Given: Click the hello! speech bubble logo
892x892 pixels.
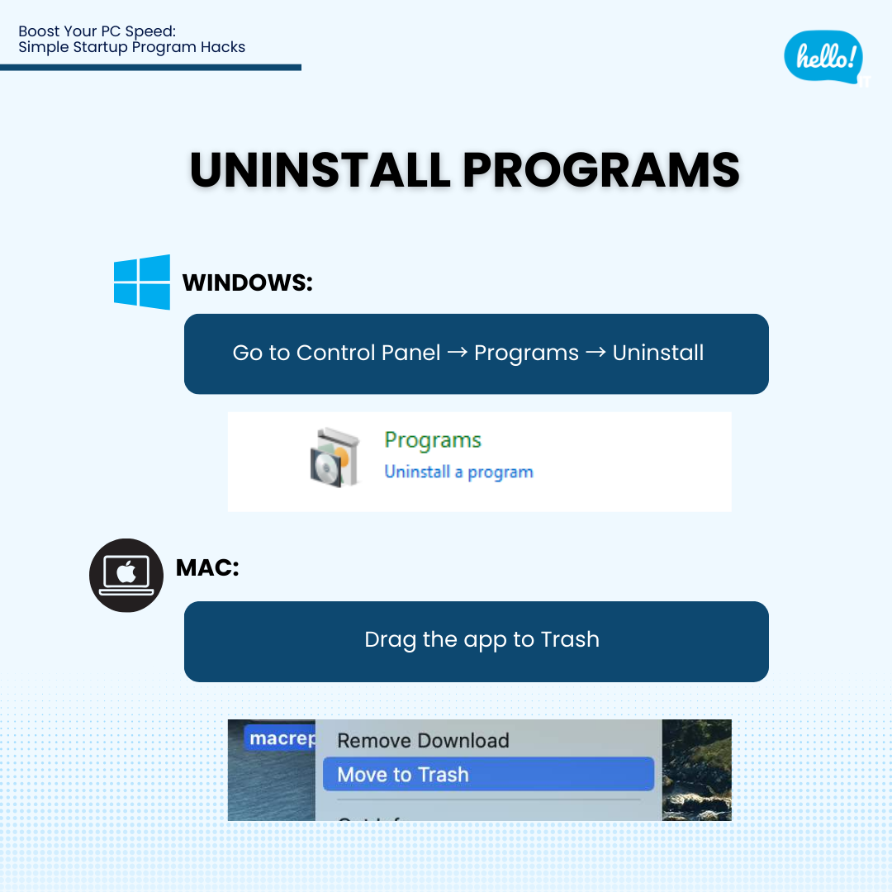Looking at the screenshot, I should [x=823, y=56].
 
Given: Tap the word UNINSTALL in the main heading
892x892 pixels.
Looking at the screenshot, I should [x=320, y=170].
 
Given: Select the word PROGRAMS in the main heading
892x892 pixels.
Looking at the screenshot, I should [x=600, y=170].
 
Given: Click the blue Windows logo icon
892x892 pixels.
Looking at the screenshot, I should [x=142, y=282].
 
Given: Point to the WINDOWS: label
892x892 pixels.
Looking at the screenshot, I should [x=248, y=282].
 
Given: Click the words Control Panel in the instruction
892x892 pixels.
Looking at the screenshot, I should [x=368, y=353].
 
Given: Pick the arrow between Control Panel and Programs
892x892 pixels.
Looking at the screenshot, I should [x=458, y=353].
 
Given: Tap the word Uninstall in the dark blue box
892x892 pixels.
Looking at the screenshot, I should [x=658, y=353].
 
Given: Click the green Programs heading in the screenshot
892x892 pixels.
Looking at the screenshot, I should [x=433, y=440].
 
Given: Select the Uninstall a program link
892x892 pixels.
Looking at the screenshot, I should [x=458, y=472].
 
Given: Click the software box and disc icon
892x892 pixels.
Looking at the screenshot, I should [x=334, y=458].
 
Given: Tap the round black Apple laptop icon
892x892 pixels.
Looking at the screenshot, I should [x=126, y=575].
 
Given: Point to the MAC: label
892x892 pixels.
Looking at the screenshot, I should [x=207, y=568].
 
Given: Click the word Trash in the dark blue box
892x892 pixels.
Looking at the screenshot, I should [x=570, y=640].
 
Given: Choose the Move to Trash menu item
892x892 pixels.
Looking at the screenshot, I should [x=403, y=775].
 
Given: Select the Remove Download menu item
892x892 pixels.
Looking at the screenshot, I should [x=423, y=741].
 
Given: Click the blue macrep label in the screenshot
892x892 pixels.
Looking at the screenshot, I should [x=280, y=738].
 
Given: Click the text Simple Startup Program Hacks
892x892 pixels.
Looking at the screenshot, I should [x=132, y=47].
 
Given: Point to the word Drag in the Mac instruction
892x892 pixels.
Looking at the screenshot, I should [x=390, y=640].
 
